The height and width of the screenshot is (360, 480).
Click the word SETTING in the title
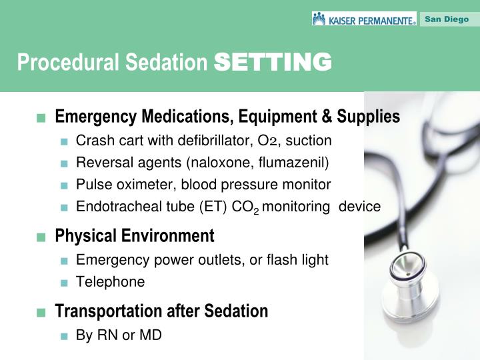click(273, 62)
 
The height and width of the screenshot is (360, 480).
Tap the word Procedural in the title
click(51, 63)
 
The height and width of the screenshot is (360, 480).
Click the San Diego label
click(447, 19)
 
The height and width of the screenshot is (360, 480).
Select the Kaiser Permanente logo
click(364, 19)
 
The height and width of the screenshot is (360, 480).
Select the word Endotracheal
click(114, 206)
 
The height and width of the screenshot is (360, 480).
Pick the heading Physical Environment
click(135, 236)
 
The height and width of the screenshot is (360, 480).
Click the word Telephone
click(110, 281)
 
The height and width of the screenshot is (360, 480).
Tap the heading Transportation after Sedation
click(161, 311)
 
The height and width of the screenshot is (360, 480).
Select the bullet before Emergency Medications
click(42, 118)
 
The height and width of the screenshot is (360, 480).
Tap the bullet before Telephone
click(64, 282)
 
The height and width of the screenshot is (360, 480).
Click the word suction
click(309, 141)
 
